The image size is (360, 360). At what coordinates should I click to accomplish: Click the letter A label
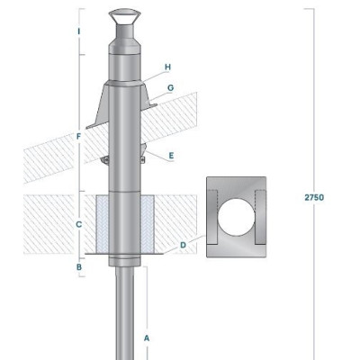pos(147,338)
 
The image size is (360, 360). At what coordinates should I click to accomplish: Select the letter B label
pos(79,266)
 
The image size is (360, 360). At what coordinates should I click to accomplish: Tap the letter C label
pos(78,224)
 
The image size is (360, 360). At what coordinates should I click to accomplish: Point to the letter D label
pos(183,245)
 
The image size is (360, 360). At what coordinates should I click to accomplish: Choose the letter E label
pos(171,156)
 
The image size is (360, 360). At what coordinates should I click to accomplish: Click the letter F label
pos(78,137)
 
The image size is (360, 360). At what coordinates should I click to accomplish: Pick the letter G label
pos(170,88)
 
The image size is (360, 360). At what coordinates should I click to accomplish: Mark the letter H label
pos(167,67)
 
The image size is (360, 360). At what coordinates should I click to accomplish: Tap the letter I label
pos(79,31)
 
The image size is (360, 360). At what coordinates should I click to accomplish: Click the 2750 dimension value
pos(314,197)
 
